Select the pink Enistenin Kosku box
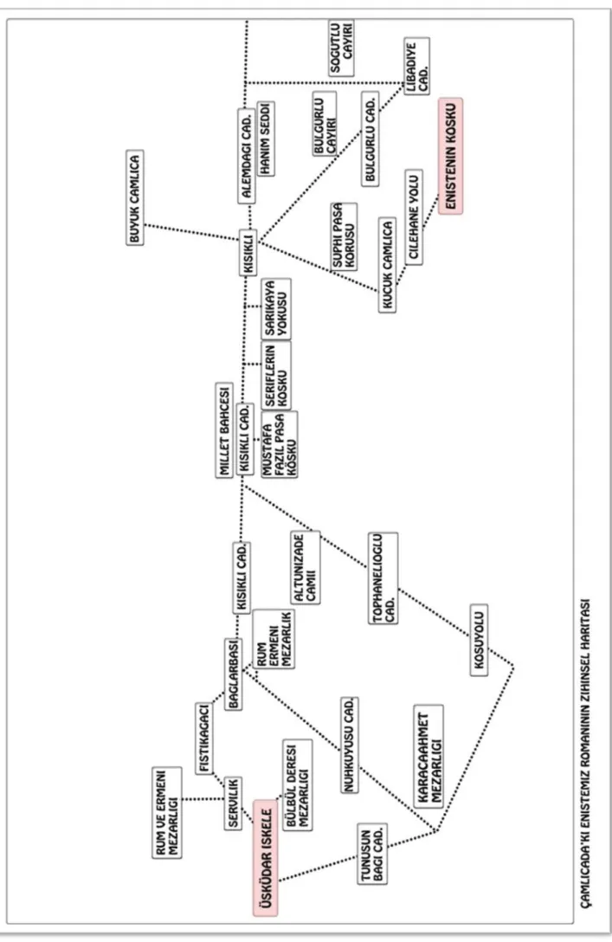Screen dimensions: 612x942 pos(450,156)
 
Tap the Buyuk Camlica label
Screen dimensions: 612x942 pos(136,197)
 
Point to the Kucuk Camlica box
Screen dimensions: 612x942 pos(388,265)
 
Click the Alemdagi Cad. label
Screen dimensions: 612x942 pos(247,156)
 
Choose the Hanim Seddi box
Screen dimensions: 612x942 pos(266,139)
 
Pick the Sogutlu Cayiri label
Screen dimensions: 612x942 pos(341,48)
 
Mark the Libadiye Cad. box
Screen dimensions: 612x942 pos(417,66)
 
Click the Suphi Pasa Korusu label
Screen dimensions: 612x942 pos(345,235)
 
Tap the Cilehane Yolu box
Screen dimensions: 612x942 pos(413,217)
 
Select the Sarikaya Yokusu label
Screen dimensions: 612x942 pos(277,308)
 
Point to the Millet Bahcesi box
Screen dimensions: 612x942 pos(224,430)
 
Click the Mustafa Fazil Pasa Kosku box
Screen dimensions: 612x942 pos(280,444)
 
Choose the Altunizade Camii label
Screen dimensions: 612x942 pos(305,567)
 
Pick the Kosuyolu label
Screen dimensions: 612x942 pos(479,640)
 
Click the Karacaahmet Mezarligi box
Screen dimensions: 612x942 pos(428,757)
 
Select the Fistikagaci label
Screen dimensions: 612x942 pos(204,738)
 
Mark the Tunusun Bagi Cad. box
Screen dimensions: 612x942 pos(372,854)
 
